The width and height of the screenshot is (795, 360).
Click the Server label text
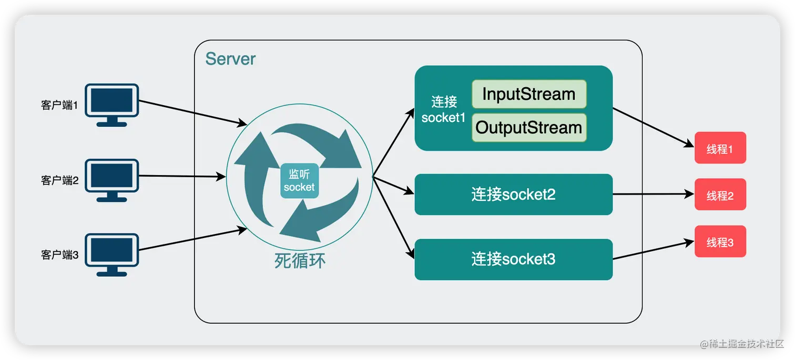click(230, 59)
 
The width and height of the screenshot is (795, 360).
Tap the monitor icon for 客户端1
click(111, 104)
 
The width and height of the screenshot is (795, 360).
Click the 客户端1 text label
click(59, 105)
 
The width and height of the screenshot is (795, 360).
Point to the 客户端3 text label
click(59, 255)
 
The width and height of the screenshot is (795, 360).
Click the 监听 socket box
click(299, 181)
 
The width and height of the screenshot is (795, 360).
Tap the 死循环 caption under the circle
click(300, 261)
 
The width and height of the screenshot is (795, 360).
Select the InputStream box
click(529, 95)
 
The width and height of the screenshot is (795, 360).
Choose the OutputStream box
click(529, 127)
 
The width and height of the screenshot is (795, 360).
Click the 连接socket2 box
click(513, 194)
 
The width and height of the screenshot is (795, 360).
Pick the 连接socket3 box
click(513, 259)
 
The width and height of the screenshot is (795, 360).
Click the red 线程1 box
click(720, 148)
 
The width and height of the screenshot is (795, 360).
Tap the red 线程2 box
click(720, 195)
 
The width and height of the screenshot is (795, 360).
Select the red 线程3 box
click(720, 242)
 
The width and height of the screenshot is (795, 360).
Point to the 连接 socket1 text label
click(444, 109)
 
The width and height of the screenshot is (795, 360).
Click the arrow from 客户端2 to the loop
click(181, 177)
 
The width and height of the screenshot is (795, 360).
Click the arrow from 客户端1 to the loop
click(192, 112)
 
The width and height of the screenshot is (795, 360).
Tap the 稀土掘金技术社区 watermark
click(741, 344)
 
